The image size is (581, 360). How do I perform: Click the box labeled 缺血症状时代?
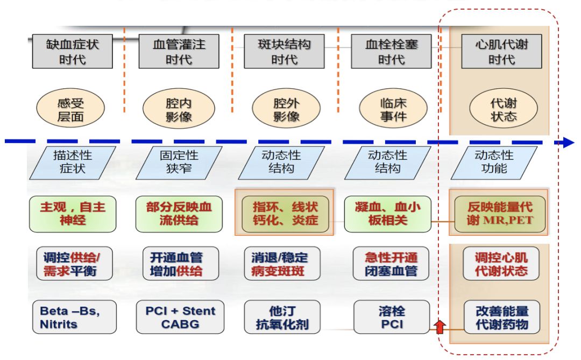72,51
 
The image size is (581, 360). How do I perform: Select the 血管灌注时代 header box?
179,51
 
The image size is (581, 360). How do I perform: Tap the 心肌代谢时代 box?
501,51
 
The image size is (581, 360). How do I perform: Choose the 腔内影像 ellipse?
179,109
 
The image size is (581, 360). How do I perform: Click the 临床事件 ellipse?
393,109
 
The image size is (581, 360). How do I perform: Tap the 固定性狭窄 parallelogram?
179,163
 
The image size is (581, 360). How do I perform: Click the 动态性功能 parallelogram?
493,163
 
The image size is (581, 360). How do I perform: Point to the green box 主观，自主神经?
72,214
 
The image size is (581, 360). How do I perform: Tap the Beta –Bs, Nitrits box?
74,317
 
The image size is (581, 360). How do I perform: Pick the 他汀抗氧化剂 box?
283,317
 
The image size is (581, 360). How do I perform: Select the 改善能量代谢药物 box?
501,317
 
